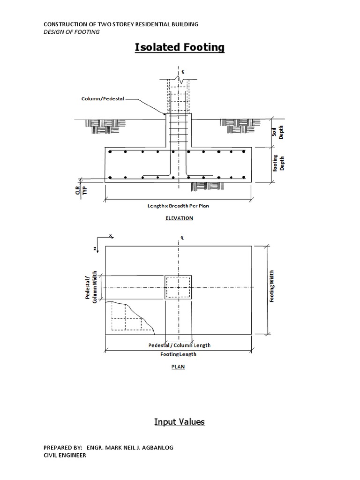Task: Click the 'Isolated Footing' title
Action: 180,47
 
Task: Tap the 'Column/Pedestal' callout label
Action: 102,99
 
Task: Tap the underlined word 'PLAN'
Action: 178,367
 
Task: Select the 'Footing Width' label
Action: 273,286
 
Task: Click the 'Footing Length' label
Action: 178,354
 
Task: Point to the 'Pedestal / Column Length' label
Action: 179,345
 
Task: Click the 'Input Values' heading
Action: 180,422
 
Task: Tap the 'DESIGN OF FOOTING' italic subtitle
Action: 71,32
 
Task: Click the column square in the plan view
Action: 178,287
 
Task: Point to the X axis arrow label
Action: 111,236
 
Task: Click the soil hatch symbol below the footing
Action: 203,187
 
